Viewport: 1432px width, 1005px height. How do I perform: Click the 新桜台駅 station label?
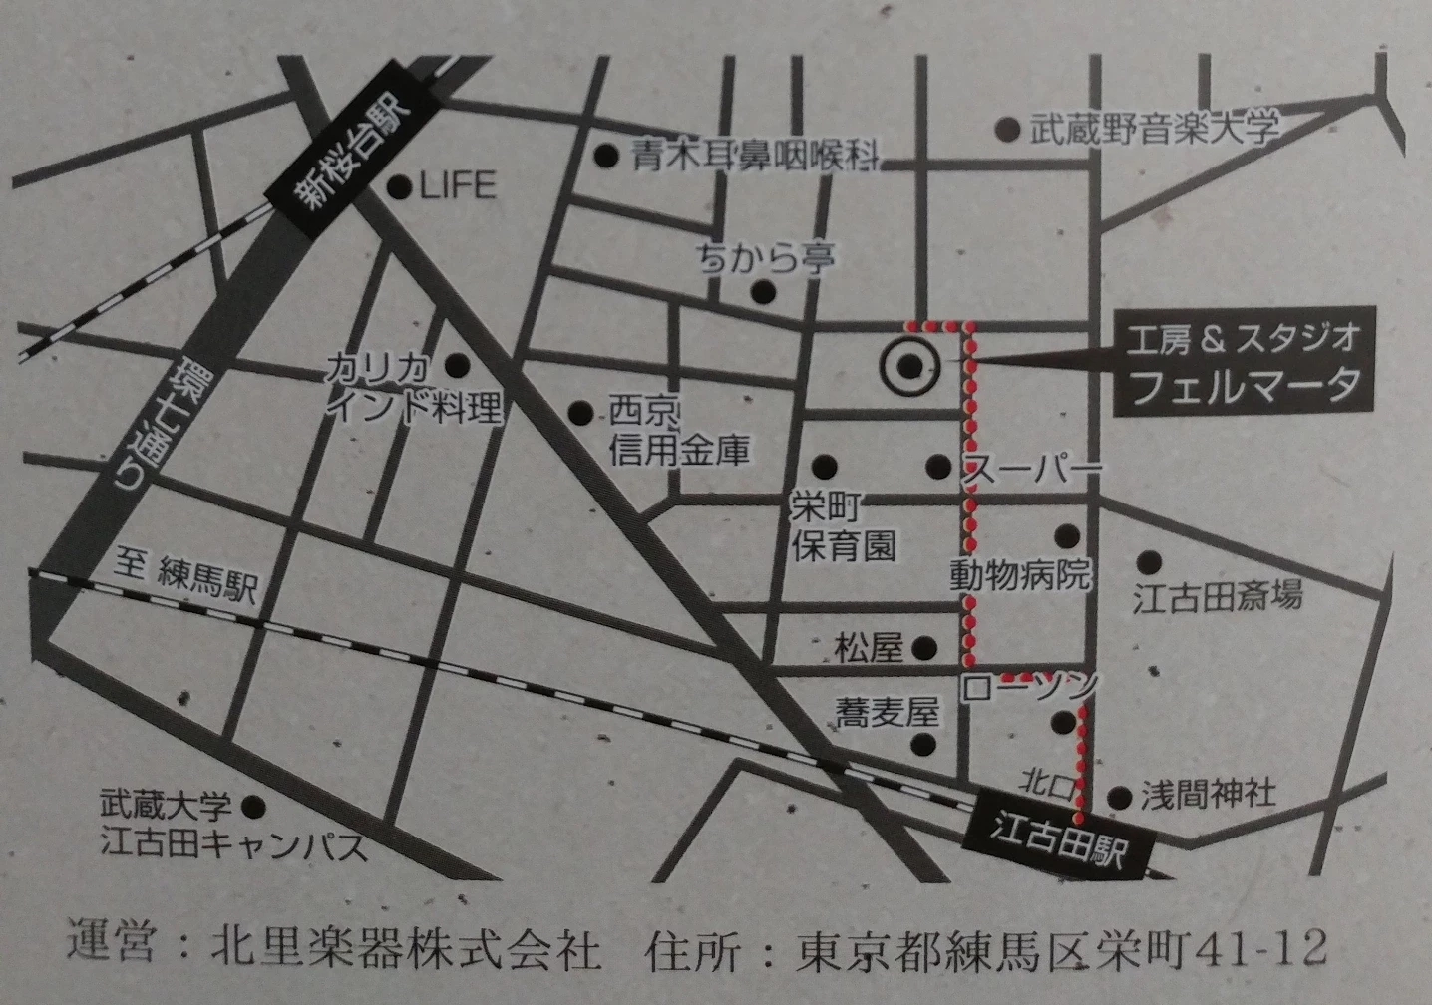pos(355,151)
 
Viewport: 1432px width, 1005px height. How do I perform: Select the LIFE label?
pos(457,186)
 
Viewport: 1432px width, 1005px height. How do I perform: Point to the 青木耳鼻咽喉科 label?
pos(756,157)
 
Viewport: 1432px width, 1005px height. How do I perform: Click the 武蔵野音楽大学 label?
pos(1154,130)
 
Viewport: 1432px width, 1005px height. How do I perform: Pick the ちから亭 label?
pos(767,259)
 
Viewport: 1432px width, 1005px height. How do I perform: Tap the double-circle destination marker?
pos(909,367)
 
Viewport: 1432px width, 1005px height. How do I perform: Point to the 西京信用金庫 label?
pos(679,432)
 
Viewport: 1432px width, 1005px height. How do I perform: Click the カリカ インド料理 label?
pos(413,389)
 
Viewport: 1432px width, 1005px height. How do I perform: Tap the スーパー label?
pos(1031,469)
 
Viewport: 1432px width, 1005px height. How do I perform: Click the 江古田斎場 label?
pos(1217,597)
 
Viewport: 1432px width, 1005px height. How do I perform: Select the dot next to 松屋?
pos(925,647)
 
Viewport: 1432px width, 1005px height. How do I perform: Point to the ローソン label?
pos(1029,686)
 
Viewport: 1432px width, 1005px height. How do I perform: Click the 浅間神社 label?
pos(1208,795)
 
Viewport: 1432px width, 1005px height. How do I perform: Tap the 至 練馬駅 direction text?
pos(185,577)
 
